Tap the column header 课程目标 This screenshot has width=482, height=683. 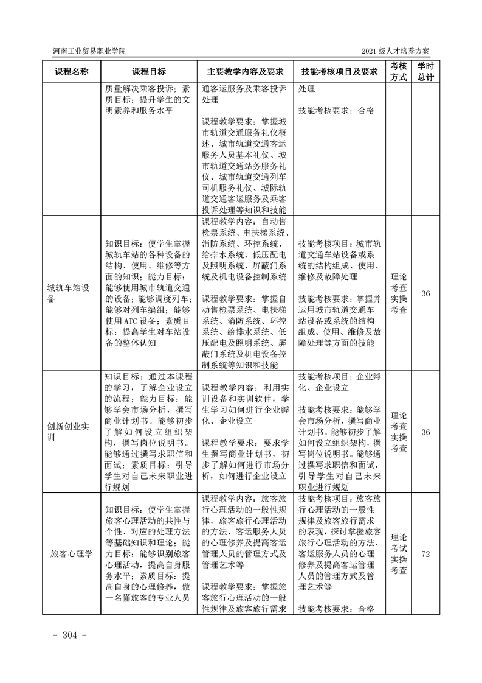[149, 71]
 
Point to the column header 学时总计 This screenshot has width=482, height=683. [425, 71]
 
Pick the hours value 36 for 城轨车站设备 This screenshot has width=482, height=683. [425, 293]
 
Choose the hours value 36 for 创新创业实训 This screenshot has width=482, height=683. [425, 432]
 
